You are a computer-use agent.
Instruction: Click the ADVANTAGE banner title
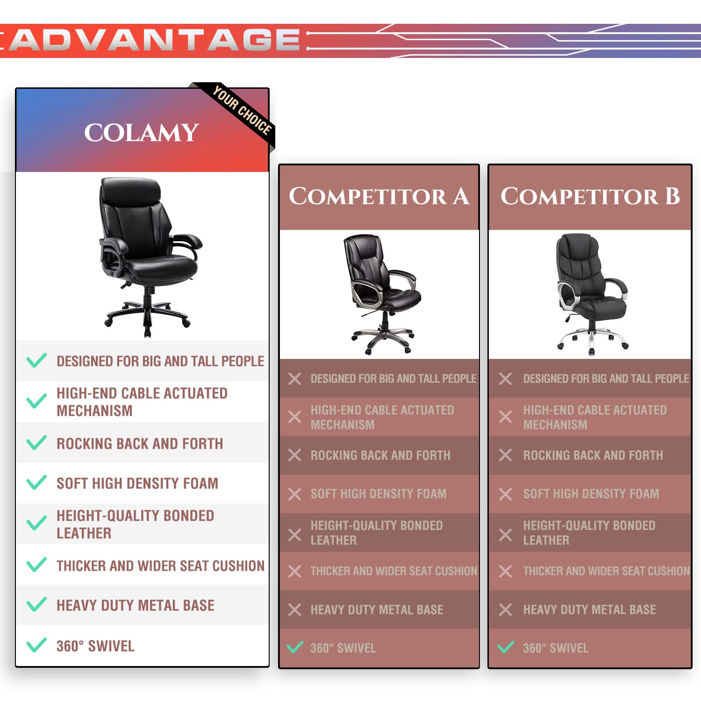[154, 40]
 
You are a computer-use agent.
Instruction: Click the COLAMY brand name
[142, 133]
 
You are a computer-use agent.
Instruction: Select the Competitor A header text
[379, 196]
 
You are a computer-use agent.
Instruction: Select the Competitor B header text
[590, 196]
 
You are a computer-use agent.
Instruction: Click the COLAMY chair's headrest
[131, 190]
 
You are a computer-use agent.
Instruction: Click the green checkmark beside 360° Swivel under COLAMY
[36, 645]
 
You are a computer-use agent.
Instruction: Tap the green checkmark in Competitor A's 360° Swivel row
[295, 647]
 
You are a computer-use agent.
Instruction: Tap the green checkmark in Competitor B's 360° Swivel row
[506, 647]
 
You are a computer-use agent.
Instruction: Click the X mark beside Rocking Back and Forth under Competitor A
[295, 455]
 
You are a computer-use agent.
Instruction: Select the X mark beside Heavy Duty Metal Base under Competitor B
[506, 609]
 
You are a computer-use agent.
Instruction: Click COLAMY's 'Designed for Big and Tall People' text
[160, 361]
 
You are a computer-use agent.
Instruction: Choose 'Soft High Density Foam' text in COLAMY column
[137, 483]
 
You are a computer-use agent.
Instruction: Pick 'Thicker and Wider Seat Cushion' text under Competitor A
[394, 571]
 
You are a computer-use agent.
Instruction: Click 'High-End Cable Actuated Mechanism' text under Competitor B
[595, 417]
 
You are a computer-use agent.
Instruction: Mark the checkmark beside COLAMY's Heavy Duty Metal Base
[36, 604]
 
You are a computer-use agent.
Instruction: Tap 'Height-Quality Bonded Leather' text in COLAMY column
[136, 524]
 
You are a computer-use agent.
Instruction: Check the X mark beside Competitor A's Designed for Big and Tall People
[295, 379]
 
